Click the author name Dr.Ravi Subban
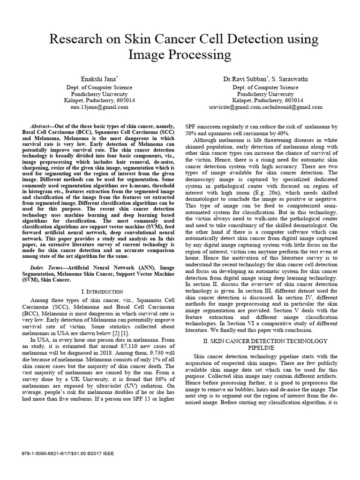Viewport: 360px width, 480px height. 243,79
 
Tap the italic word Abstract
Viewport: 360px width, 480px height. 40,127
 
